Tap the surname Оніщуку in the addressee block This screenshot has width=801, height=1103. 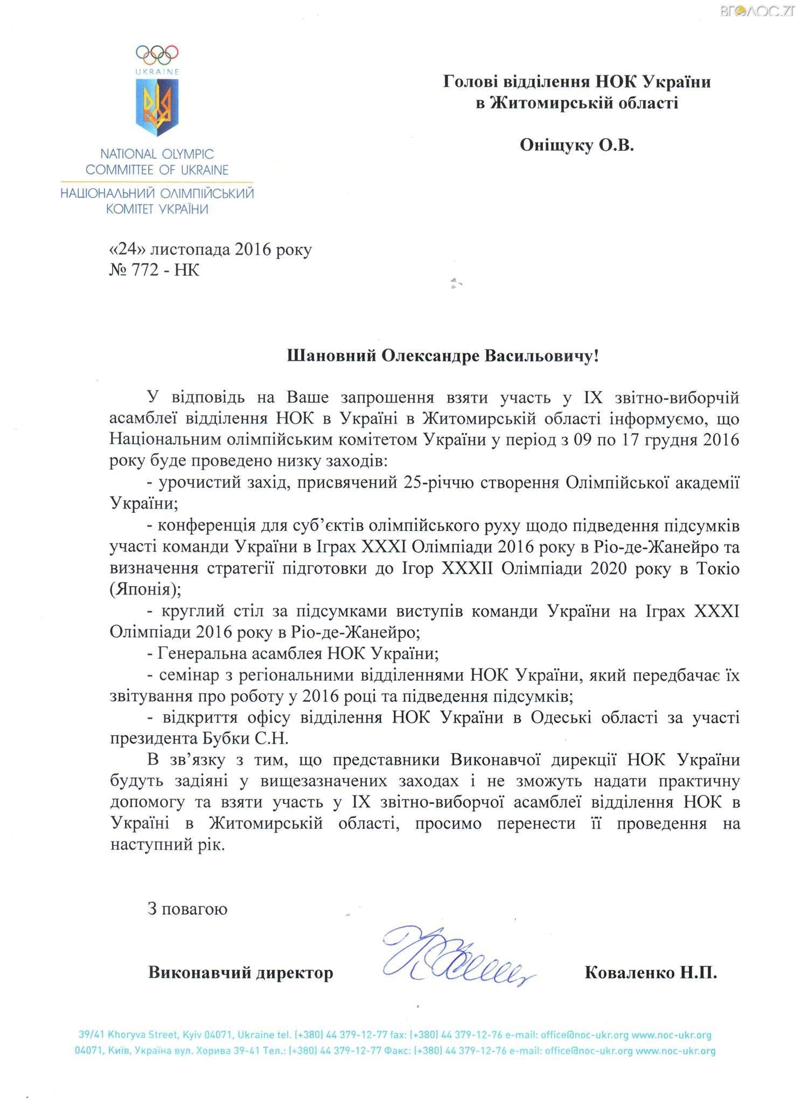pyautogui.click(x=555, y=145)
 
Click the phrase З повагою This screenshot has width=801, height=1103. pyautogui.click(x=187, y=909)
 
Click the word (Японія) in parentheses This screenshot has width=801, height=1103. pyautogui.click(x=145, y=589)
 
